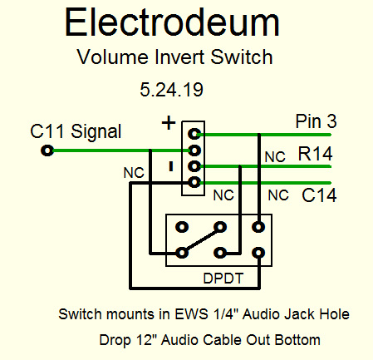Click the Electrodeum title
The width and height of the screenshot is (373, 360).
(x=172, y=22)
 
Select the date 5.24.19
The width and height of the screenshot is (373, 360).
(x=171, y=90)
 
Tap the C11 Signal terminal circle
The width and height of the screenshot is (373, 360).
(x=47, y=150)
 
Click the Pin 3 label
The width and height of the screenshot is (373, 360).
(x=316, y=121)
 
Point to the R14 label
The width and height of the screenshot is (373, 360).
(x=315, y=154)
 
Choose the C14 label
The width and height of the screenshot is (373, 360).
(x=319, y=195)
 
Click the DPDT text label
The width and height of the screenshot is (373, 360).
(x=223, y=279)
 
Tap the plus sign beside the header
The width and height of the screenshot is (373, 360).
(x=169, y=123)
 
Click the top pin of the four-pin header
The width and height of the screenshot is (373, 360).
(x=194, y=134)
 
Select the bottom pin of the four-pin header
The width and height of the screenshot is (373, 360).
(x=194, y=182)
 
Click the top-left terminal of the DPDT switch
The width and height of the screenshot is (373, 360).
(x=182, y=227)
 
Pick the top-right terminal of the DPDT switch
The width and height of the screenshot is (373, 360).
(x=258, y=227)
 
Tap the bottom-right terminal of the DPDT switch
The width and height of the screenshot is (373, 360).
(x=258, y=253)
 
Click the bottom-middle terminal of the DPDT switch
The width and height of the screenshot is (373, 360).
(x=220, y=253)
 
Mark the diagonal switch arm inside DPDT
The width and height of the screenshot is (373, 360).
(x=201, y=240)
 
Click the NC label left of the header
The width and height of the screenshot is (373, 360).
(x=134, y=173)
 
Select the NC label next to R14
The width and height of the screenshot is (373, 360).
(x=275, y=157)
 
